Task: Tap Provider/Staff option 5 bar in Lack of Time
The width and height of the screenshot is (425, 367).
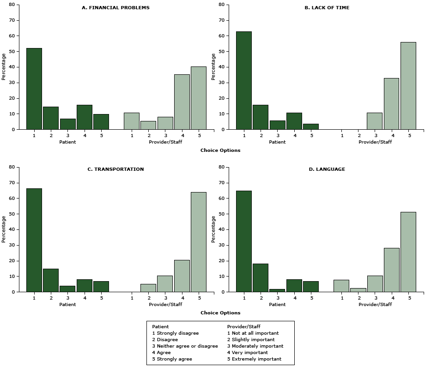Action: [408, 86]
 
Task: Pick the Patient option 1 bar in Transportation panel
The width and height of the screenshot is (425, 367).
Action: [34, 240]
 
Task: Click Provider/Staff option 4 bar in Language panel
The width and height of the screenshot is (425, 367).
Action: [391, 270]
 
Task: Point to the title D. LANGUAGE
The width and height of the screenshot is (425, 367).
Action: [327, 169]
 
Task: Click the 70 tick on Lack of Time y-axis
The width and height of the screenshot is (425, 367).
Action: [222, 20]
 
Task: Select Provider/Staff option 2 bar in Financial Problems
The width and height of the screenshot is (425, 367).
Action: [148, 125]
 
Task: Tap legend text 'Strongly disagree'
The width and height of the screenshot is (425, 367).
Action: [177, 333]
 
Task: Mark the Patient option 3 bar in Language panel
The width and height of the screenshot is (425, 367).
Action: [277, 290]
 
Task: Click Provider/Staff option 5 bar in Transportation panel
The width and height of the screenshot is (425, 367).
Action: [198, 242]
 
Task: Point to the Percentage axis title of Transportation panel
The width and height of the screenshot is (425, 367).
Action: [4, 229]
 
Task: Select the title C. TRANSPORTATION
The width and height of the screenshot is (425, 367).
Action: [116, 169]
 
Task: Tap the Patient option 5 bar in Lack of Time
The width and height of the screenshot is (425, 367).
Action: [311, 126]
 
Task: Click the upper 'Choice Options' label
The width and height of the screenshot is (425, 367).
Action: [220, 150]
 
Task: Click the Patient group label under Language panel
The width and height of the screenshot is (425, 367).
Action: [277, 304]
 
